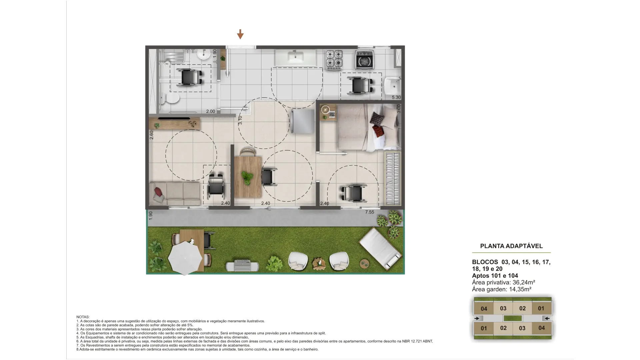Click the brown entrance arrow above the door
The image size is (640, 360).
tap(240, 34)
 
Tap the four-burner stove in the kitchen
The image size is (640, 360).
tap(334, 60)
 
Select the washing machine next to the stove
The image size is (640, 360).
tap(364, 60)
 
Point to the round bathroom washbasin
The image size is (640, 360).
tap(203, 54)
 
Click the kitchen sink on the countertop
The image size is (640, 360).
tap(296, 58)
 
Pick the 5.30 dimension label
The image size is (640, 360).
tap(396, 98)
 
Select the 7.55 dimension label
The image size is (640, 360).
tap(369, 212)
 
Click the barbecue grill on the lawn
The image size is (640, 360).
tap(242, 266)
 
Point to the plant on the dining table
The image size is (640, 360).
tap(247, 178)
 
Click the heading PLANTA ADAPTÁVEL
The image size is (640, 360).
tap(511, 246)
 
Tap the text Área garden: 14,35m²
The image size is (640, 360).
tap(502, 289)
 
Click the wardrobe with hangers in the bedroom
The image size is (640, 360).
tap(392, 179)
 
